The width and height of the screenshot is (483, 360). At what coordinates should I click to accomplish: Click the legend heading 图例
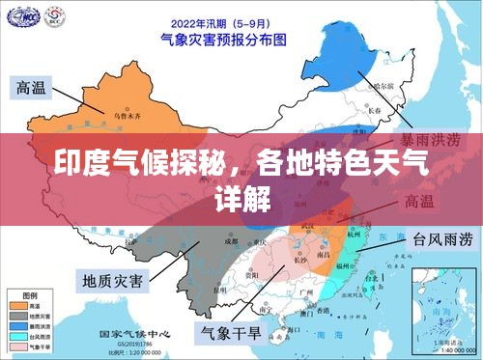(30, 291)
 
